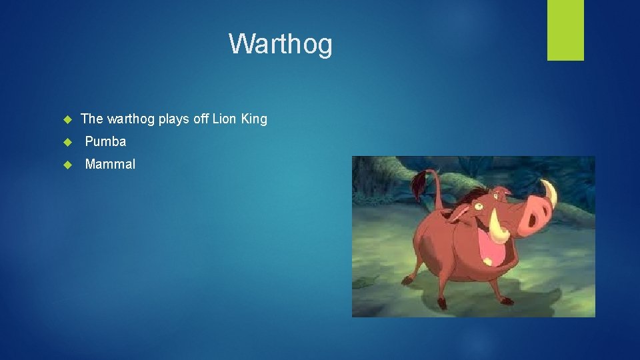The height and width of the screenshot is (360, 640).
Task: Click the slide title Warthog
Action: pos(280,44)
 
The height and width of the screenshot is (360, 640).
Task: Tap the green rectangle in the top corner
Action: pos(565,29)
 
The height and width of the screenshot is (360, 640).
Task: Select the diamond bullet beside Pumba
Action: pos(67,142)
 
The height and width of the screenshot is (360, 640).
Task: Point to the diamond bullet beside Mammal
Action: pos(67,165)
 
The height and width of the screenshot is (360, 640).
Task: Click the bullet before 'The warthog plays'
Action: pos(67,119)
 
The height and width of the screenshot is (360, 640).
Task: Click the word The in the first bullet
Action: pos(92,119)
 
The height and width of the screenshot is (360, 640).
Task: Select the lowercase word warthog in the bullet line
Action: pos(131,119)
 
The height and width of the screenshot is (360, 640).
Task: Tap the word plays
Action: pos(174,119)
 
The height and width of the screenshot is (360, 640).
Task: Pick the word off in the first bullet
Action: pos(200,119)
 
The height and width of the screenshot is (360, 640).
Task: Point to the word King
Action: pos(254,119)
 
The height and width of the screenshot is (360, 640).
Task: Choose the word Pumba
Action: pos(105,142)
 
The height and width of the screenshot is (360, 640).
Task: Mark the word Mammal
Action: pos(110,165)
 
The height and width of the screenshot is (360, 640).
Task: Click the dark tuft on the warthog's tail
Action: pos(421,183)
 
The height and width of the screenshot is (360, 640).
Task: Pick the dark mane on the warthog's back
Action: pos(467,195)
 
